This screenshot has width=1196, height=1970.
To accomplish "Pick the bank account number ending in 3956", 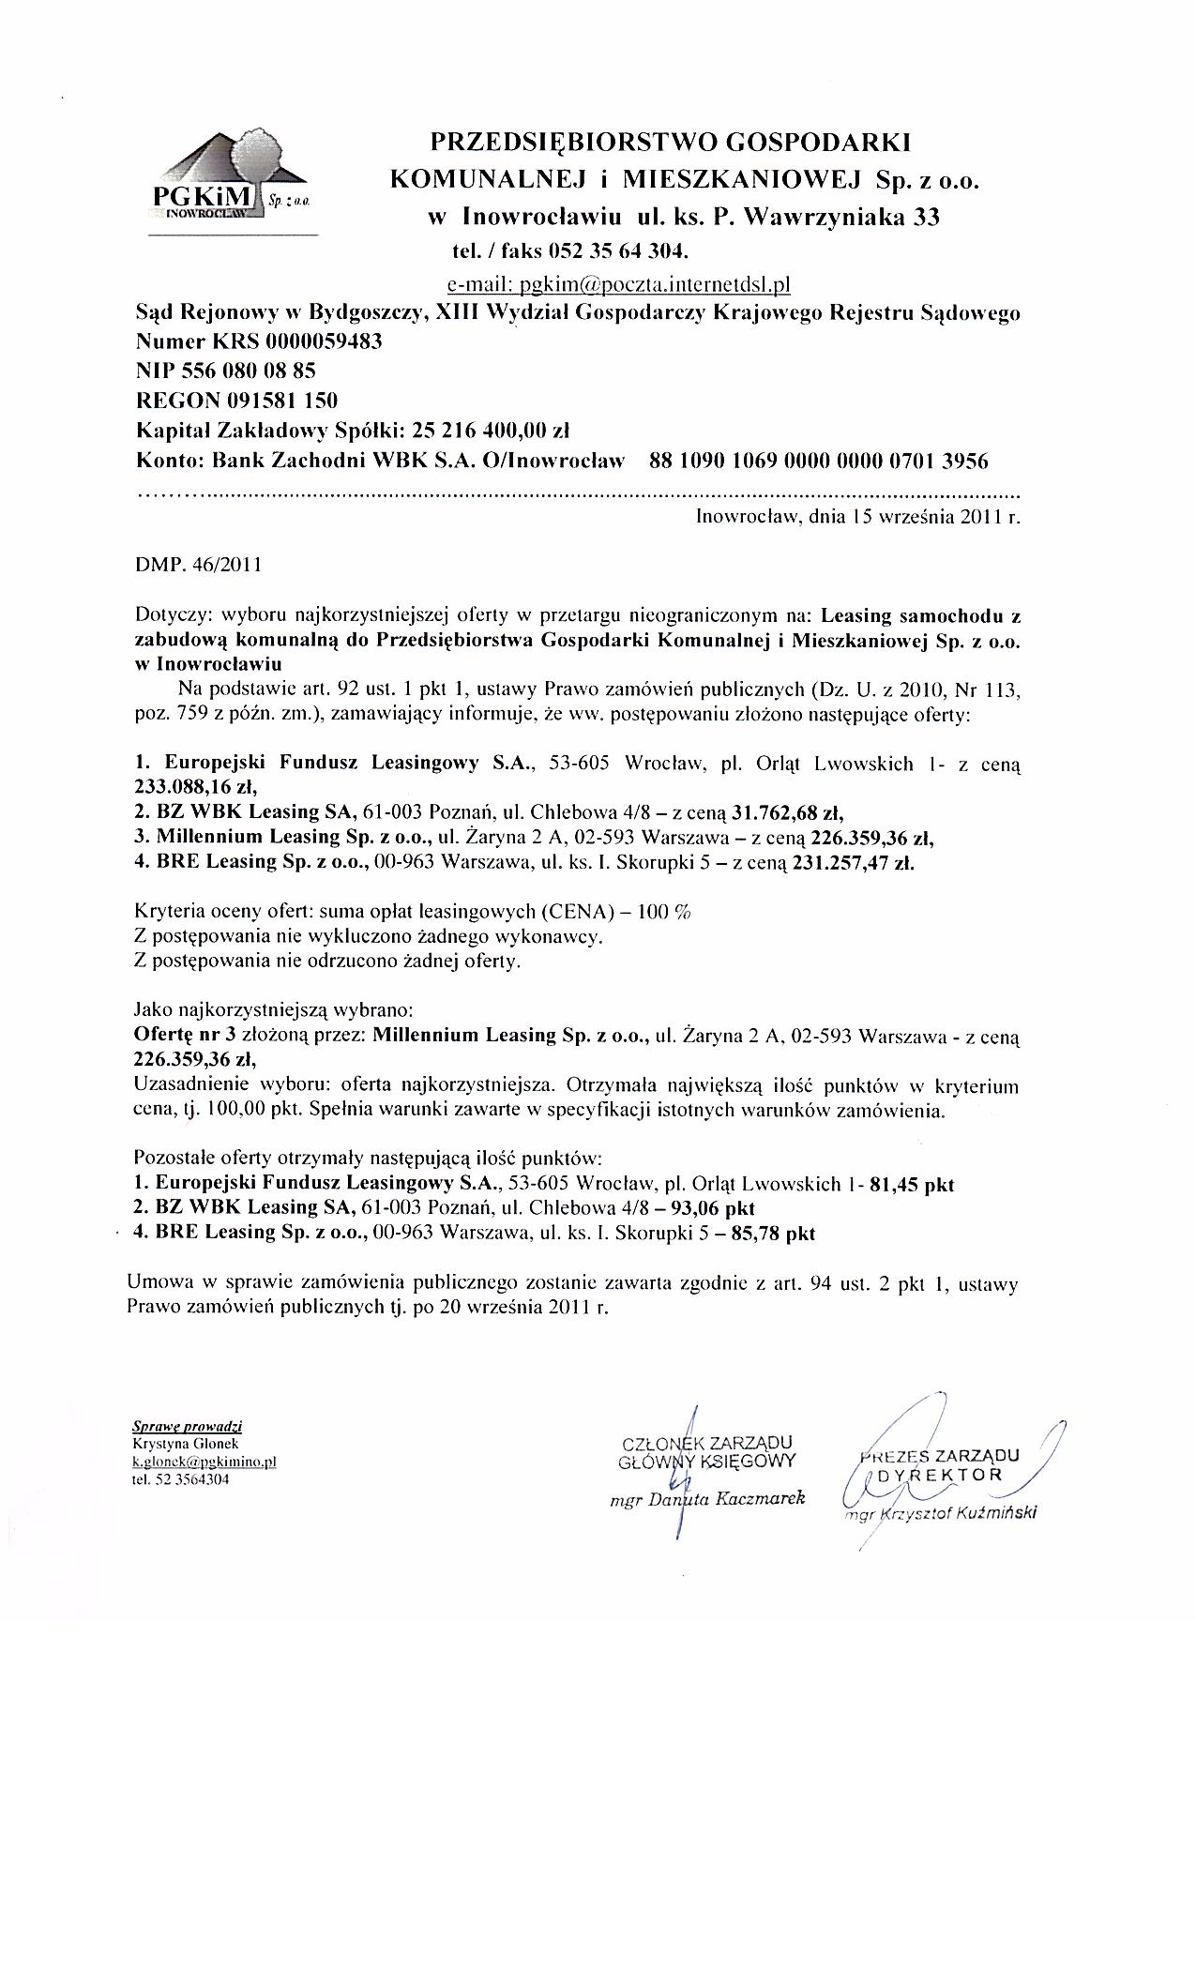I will [x=818, y=461].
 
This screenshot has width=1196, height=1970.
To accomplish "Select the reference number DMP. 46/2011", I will [x=199, y=566].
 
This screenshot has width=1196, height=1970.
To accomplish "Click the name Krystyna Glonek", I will [x=179, y=1445].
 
